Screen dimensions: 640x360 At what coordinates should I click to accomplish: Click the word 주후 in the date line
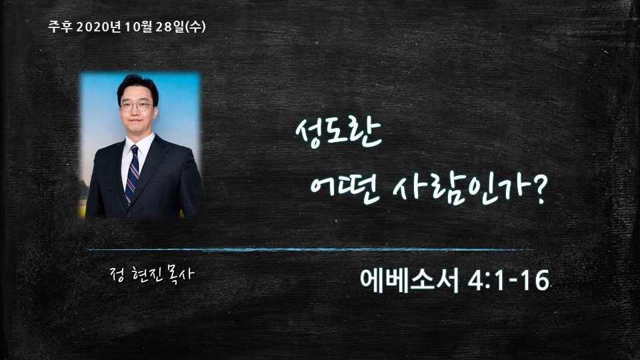60,27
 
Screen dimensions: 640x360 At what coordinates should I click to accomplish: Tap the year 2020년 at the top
99,27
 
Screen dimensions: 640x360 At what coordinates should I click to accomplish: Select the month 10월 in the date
139,27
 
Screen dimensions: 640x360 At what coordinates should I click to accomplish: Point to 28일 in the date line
169,27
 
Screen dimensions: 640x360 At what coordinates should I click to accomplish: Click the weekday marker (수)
195,27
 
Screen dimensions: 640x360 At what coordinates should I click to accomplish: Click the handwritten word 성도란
339,133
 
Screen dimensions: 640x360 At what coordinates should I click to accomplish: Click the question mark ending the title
539,192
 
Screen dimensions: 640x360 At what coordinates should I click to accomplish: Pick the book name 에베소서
409,281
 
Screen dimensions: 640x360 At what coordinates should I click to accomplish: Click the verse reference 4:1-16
509,281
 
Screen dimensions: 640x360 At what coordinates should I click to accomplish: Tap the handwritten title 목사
180,275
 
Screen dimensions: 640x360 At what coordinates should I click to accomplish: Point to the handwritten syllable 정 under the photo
118,275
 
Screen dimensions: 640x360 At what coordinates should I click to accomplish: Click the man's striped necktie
132,174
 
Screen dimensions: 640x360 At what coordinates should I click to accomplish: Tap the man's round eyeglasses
136,107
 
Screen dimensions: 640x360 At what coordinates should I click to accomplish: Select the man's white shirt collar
139,145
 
